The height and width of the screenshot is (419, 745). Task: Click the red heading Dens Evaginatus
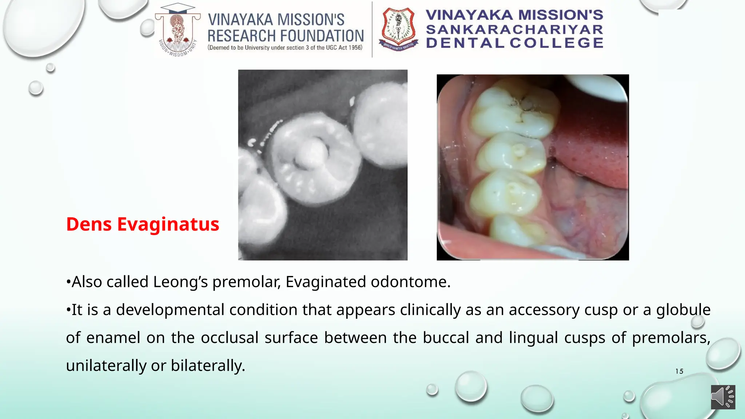(x=143, y=224)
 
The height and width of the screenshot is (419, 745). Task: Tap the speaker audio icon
(x=723, y=397)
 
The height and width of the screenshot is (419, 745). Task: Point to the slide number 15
(x=679, y=371)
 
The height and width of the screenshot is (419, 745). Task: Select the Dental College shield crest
(x=398, y=29)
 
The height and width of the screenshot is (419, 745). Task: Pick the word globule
(x=683, y=310)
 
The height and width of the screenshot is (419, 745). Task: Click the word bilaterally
(x=208, y=366)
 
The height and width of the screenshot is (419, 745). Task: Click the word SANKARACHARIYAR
(x=514, y=29)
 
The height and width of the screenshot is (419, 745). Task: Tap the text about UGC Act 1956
(x=285, y=48)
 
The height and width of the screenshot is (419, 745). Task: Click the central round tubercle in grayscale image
(x=310, y=153)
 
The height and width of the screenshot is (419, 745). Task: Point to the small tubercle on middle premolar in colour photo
(x=518, y=149)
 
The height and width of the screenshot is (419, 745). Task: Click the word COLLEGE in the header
(x=556, y=43)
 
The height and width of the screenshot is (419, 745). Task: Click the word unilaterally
(x=106, y=366)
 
